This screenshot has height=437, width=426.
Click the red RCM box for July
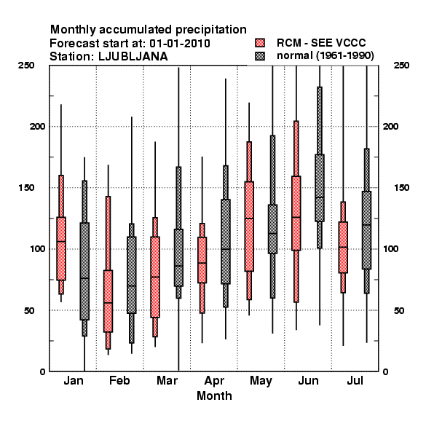click(x=343, y=247)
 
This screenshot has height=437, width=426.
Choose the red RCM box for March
click(x=155, y=277)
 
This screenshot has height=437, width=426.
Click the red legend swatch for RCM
click(x=260, y=43)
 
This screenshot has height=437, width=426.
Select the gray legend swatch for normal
click(x=260, y=56)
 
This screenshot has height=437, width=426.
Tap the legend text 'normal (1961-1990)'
click(x=326, y=56)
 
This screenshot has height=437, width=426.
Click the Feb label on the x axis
click(x=119, y=380)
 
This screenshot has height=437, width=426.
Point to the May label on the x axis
click(x=261, y=381)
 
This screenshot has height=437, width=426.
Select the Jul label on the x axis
click(x=355, y=380)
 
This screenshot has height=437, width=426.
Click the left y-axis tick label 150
click(x=26, y=188)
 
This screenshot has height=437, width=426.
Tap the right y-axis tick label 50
click(x=399, y=310)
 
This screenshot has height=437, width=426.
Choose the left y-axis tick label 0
click(x=42, y=371)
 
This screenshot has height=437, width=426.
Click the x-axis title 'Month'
click(x=214, y=395)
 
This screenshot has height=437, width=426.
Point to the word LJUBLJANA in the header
click(x=133, y=57)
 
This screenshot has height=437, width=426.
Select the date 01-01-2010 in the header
click(x=180, y=44)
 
